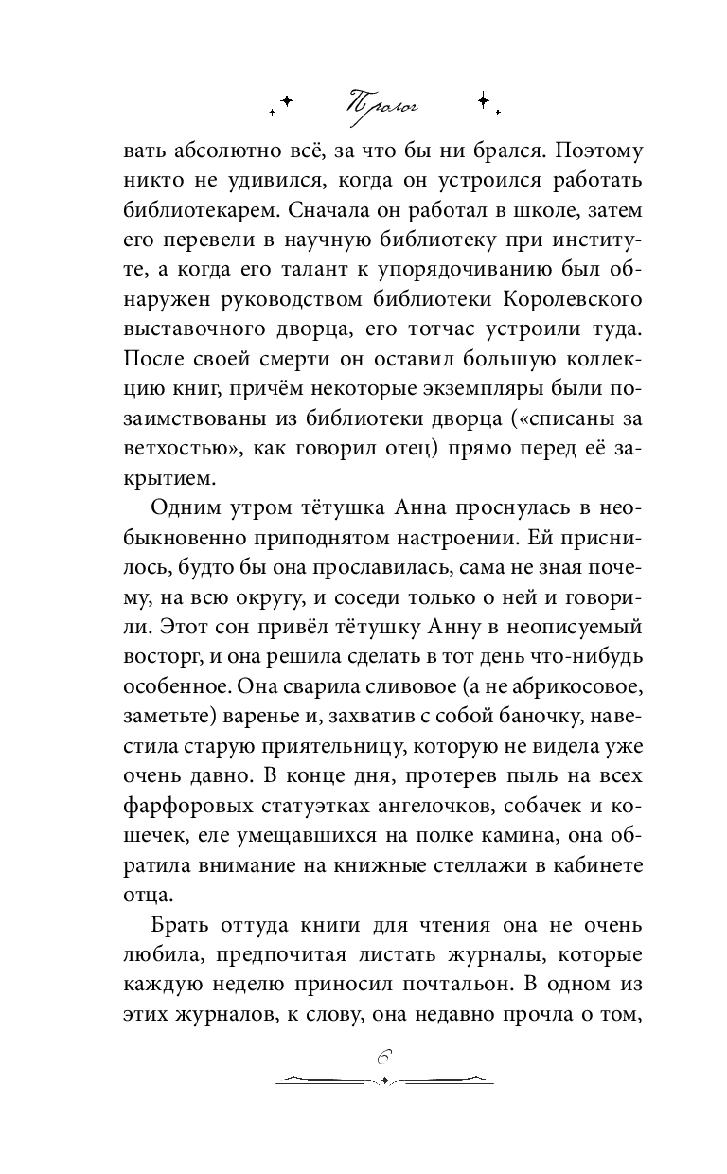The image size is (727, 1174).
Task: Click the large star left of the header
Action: click(288, 98)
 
